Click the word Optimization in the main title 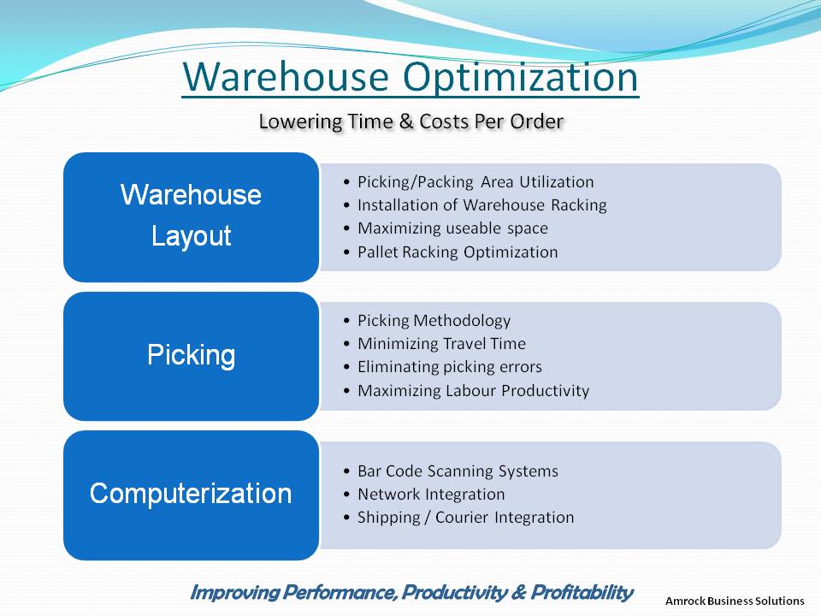(x=521, y=78)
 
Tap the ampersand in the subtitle (x=405, y=121)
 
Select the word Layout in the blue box (x=191, y=236)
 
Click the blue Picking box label (x=191, y=356)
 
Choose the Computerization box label (x=191, y=494)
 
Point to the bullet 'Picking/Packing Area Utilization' (x=475, y=181)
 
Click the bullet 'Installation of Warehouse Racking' (x=482, y=204)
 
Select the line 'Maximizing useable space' (x=453, y=228)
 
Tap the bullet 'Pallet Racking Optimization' (x=458, y=252)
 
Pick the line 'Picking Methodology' (x=434, y=321)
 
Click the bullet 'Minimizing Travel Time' (x=441, y=344)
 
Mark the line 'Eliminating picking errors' (x=450, y=367)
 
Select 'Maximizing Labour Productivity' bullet (x=473, y=391)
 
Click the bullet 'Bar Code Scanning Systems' (x=458, y=471)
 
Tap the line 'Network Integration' (x=431, y=494)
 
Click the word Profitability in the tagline (x=582, y=592)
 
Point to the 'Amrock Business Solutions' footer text (x=735, y=601)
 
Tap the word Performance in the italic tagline (x=339, y=592)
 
